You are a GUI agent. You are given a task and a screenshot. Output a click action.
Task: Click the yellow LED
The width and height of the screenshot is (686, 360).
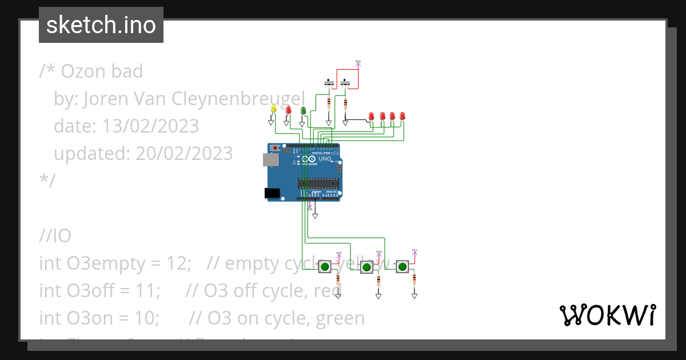[x=273, y=109]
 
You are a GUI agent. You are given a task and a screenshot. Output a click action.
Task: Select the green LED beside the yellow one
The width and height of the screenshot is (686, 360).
[x=303, y=109]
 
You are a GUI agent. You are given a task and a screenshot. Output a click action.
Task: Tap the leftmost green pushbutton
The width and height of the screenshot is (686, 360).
[x=324, y=266]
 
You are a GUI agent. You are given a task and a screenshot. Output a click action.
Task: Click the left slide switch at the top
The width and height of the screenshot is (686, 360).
[x=330, y=83]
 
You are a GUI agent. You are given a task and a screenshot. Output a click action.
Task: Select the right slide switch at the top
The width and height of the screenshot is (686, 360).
[x=345, y=83]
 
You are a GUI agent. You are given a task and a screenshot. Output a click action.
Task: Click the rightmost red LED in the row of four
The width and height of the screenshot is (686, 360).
[x=402, y=116]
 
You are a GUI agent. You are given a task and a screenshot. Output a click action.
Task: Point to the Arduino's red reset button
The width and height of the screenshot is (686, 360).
[x=276, y=148]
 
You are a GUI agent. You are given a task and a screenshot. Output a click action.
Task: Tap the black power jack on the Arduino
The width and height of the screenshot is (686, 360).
[x=273, y=194]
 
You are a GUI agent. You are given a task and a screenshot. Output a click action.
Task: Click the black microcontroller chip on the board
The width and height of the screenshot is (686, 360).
[x=318, y=183]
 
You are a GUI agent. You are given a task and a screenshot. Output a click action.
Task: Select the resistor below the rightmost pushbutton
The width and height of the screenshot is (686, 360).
[x=414, y=279]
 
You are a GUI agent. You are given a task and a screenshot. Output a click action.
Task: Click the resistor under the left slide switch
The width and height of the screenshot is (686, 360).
[x=329, y=103]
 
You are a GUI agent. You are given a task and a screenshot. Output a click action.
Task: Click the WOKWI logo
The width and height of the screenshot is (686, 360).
[x=607, y=315]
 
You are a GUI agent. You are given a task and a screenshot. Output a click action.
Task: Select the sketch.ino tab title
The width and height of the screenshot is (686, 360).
[x=101, y=25]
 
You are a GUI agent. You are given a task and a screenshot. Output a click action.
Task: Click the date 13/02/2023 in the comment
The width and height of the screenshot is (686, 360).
[x=150, y=126]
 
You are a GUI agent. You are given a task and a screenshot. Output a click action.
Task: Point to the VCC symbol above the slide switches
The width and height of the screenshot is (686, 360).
[x=358, y=62]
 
